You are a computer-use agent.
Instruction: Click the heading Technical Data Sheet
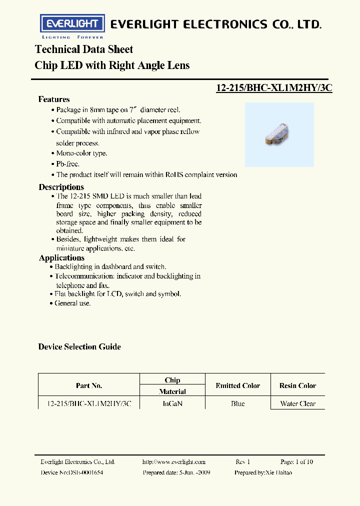(x=84, y=49)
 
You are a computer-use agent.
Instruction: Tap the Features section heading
(x=54, y=99)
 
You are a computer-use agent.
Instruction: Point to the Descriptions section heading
(x=61, y=187)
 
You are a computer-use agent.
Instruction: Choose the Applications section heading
(x=61, y=258)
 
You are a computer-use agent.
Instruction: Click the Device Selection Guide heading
(x=79, y=346)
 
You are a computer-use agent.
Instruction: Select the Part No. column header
(x=89, y=385)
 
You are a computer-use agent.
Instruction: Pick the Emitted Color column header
(x=237, y=385)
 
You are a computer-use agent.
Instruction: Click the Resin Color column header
(x=297, y=385)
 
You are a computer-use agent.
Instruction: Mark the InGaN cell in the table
(x=172, y=403)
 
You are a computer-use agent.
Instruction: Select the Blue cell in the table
(x=238, y=403)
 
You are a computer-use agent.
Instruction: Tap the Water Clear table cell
(x=298, y=403)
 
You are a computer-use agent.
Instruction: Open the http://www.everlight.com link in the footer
(x=174, y=462)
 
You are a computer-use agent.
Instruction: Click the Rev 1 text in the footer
(x=242, y=462)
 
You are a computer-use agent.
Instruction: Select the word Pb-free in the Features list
(x=67, y=164)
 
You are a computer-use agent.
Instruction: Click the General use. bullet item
(x=73, y=303)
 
